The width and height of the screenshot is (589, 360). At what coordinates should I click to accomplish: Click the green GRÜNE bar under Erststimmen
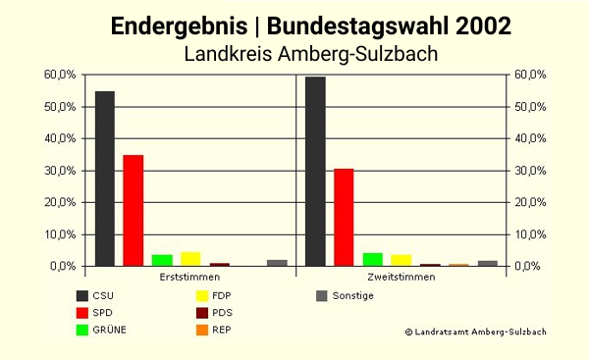point(162,261)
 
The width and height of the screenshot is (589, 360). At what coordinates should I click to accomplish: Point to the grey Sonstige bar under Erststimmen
point(277,263)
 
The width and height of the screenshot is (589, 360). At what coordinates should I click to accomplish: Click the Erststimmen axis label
point(187,278)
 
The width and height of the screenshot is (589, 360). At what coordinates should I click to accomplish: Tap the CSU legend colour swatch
point(82,296)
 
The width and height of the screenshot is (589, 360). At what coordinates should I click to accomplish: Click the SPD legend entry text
point(103,313)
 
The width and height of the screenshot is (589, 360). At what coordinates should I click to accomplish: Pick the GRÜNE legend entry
point(109,330)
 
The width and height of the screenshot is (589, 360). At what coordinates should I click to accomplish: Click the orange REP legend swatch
point(201,330)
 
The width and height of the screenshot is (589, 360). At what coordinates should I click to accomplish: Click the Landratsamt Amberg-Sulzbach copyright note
point(475,333)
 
